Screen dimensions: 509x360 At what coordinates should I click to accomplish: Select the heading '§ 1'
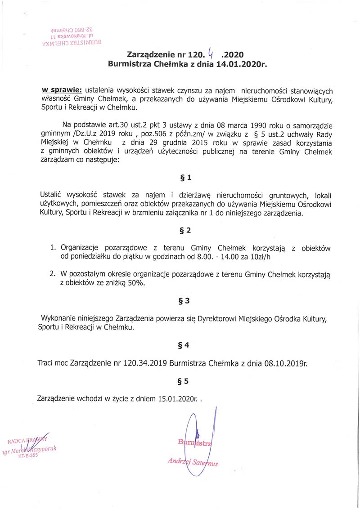pyautogui.click(x=185, y=178)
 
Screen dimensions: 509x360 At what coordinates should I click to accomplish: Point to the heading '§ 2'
pyautogui.click(x=185, y=230)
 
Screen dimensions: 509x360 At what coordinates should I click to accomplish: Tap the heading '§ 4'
pyautogui.click(x=184, y=345)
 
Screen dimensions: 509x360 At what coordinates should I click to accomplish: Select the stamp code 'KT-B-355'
pyautogui.click(x=29, y=455)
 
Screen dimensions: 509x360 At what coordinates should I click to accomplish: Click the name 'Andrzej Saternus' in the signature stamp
pyautogui.click(x=193, y=461)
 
